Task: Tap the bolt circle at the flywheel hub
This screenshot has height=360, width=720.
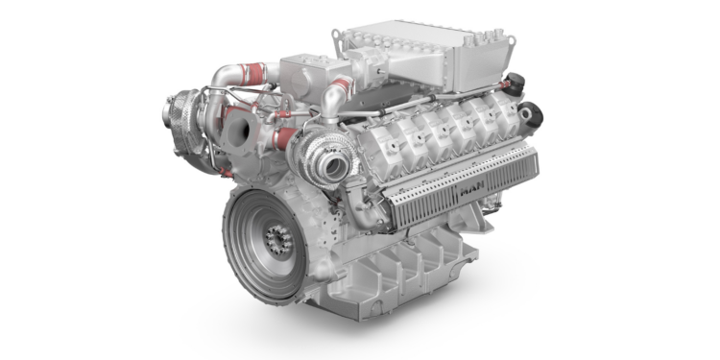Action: coord(278,240)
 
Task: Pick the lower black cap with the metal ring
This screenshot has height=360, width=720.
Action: coord(531,114)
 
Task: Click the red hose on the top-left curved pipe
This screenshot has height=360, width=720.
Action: coord(253,74)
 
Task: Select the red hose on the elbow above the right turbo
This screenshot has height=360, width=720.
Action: coord(342,84)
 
